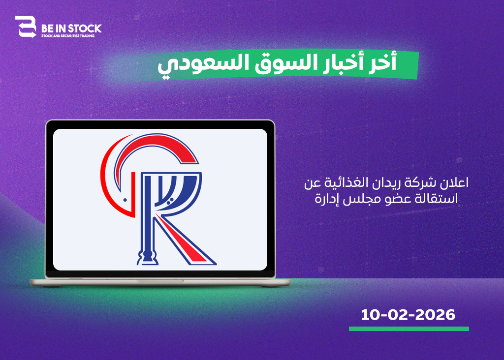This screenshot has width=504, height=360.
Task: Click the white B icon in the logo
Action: (26, 27)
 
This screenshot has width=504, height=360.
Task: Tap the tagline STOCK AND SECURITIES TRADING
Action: (68, 36)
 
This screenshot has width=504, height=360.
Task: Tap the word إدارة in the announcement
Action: (326, 199)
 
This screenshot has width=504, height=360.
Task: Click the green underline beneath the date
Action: (409, 329)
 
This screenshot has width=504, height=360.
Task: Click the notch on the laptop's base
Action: (160, 281)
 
